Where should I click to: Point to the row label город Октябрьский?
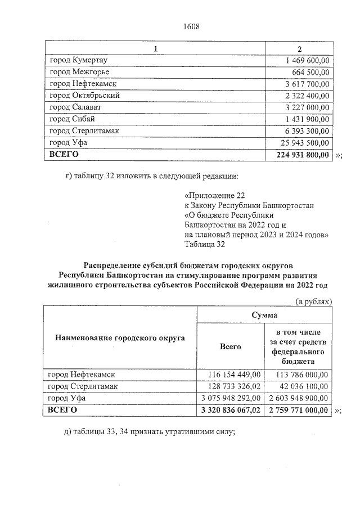[x=84, y=95]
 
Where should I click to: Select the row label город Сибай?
[x=72, y=119]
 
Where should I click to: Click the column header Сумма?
[x=265, y=316]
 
